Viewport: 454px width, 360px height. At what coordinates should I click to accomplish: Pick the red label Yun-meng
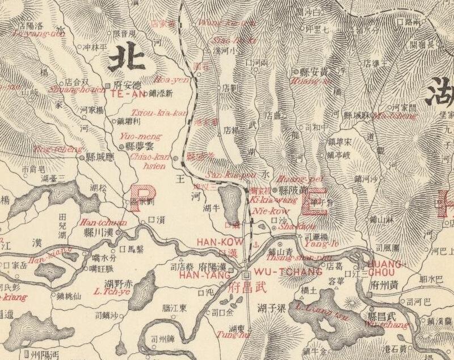pos(141,137)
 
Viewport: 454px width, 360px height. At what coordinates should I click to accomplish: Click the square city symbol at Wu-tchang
pos(246,276)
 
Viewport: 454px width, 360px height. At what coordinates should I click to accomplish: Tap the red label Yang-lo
pos(318,244)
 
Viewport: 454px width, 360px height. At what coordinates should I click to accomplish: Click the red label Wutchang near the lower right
pos(393,325)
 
